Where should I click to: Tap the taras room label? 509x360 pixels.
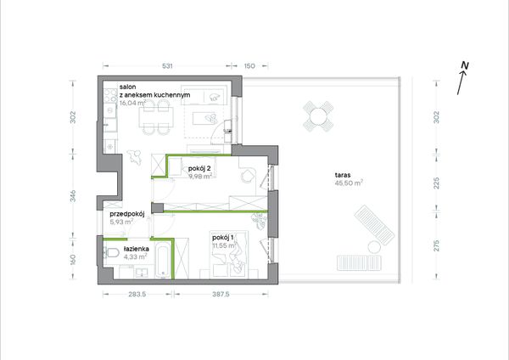tap(343, 175)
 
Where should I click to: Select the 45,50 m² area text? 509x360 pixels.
tap(349, 183)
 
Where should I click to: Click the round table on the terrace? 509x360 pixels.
tap(318, 116)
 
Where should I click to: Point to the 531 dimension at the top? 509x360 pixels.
tap(167, 66)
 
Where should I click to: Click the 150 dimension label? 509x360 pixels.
tap(249, 66)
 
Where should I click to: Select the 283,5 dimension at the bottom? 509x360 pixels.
tap(137, 295)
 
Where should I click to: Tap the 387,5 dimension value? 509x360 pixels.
tap(221, 295)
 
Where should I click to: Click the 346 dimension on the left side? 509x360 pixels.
tap(73, 196)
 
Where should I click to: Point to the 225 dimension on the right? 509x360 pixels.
tap(437, 183)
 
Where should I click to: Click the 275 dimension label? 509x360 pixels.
tap(437, 245)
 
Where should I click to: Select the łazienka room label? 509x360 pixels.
tap(137, 250)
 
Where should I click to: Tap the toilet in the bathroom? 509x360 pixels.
tap(110, 252)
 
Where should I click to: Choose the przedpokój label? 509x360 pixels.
tap(127, 214)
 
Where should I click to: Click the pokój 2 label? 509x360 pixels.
tap(199, 169)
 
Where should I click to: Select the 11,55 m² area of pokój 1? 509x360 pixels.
tap(224, 245)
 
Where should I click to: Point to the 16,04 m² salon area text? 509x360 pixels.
tap(132, 103)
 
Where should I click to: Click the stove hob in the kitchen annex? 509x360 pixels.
tap(110, 95)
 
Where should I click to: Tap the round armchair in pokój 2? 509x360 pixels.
tap(248, 176)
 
